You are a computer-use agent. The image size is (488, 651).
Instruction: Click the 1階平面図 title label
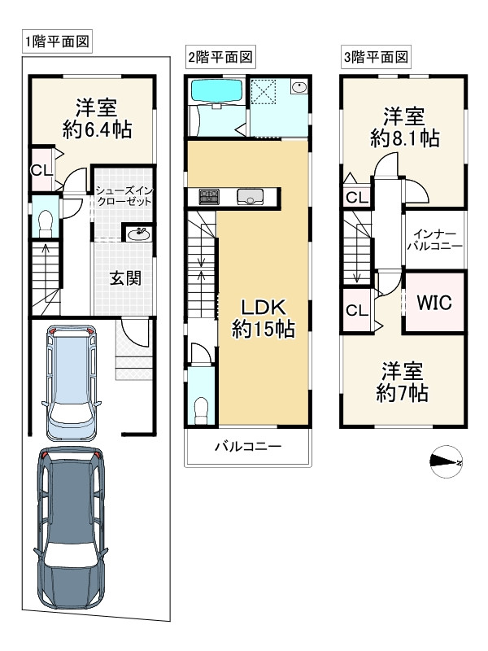56,41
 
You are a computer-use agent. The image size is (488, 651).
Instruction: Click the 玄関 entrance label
126,277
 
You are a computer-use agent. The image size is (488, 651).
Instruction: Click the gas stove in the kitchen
209,196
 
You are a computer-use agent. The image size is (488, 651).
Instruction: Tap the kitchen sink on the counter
249,196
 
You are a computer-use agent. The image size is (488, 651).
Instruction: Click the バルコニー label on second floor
247,447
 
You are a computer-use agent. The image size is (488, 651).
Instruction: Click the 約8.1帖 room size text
405,138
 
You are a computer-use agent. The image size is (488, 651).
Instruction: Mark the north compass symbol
446,462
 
